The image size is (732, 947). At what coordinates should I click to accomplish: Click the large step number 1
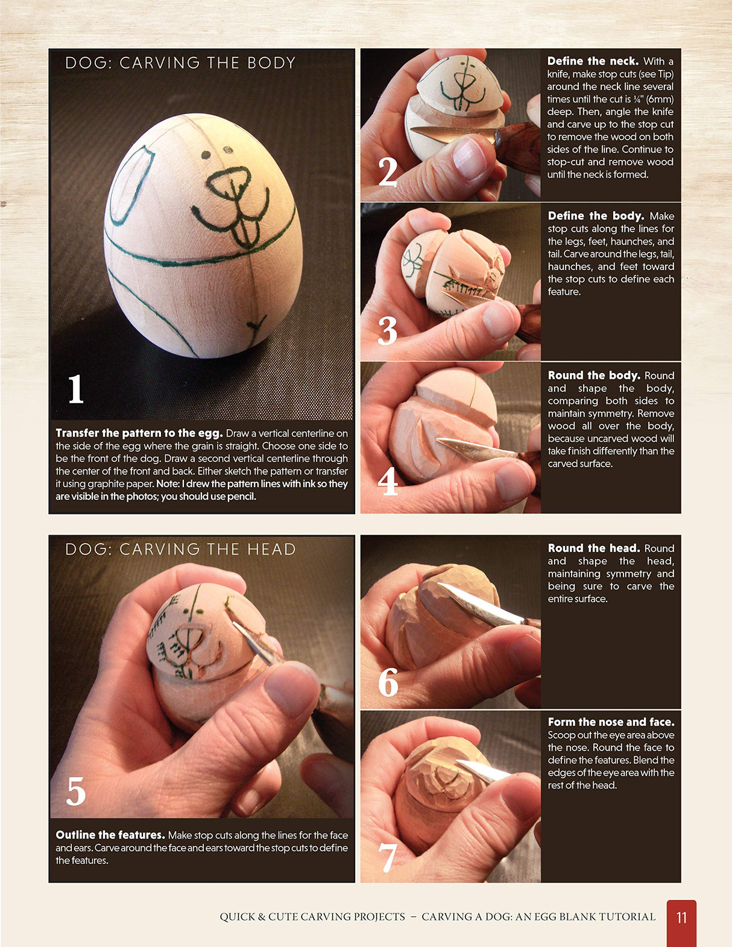point(76,388)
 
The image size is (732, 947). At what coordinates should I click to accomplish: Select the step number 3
point(387,330)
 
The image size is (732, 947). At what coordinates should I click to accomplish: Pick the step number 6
point(388,681)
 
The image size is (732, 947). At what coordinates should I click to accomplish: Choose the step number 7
point(387,857)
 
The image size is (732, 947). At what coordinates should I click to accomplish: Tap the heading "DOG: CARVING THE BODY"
point(180,63)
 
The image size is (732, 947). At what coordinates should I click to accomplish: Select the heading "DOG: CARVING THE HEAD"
point(180,549)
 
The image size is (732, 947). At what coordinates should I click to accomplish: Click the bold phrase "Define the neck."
point(593,61)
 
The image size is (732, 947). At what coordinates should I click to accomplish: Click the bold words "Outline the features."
point(110,834)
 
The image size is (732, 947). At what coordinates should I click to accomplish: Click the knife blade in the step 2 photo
point(453,134)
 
